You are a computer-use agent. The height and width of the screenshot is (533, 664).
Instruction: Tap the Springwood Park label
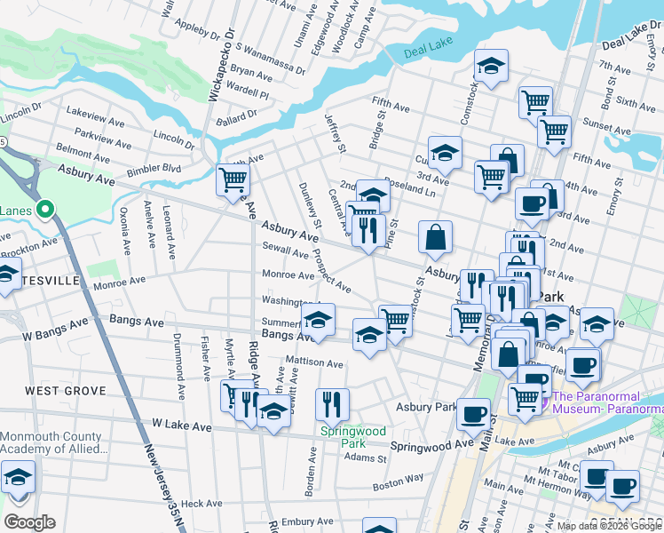click(353, 437)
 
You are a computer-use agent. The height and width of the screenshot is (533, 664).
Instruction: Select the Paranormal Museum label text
click(607, 402)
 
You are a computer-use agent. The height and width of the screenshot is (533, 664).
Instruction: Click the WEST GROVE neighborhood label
click(65, 391)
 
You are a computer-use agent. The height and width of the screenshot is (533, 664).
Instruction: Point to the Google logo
click(28, 522)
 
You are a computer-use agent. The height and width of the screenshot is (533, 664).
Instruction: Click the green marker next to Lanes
click(46, 211)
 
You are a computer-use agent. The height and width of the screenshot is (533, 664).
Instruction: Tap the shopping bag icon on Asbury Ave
click(435, 237)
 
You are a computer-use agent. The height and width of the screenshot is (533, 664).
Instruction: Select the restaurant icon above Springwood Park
click(332, 403)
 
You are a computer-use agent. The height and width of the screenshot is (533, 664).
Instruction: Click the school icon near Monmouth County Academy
click(18, 477)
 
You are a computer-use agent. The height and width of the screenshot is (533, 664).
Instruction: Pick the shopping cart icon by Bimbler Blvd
click(233, 179)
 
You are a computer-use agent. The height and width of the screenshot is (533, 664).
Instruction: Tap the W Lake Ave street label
click(182, 426)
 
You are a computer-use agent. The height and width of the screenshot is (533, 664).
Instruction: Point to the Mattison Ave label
click(313, 363)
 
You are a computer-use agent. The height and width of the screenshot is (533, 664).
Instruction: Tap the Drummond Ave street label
click(179, 365)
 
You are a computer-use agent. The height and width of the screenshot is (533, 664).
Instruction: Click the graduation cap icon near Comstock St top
click(490, 67)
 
